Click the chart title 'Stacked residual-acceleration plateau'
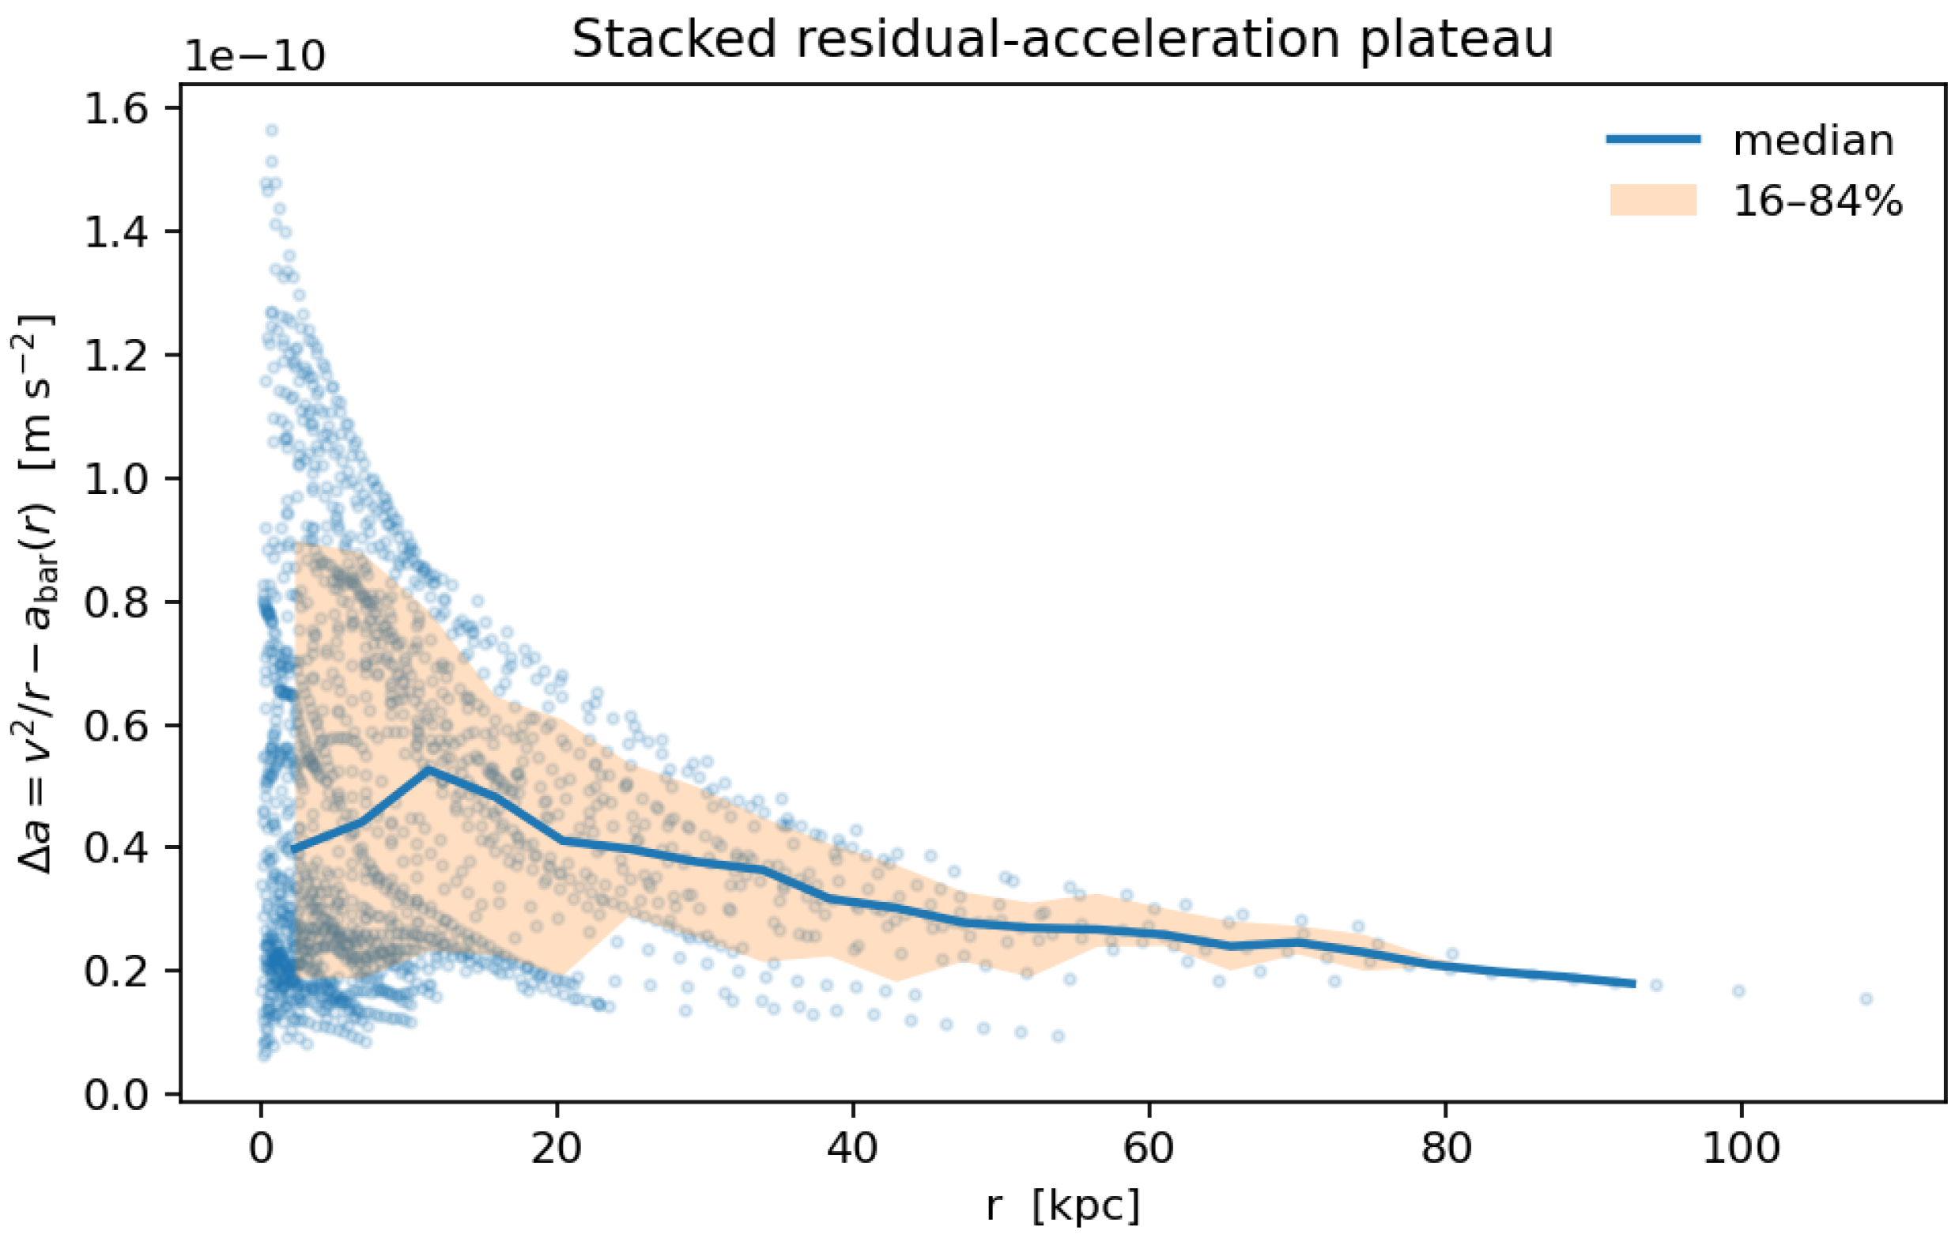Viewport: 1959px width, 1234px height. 1063,39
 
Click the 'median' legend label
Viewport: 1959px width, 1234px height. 1814,141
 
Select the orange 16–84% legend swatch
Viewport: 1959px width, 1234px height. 1652,200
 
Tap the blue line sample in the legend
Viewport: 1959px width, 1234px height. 1652,140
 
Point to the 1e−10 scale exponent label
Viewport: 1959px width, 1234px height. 255,57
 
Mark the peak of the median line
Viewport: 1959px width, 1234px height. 428,768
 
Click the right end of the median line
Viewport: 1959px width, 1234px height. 1633,983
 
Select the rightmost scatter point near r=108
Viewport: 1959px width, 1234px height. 1867,998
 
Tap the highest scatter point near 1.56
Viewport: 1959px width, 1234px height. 272,130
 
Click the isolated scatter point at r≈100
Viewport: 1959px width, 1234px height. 1738,991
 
